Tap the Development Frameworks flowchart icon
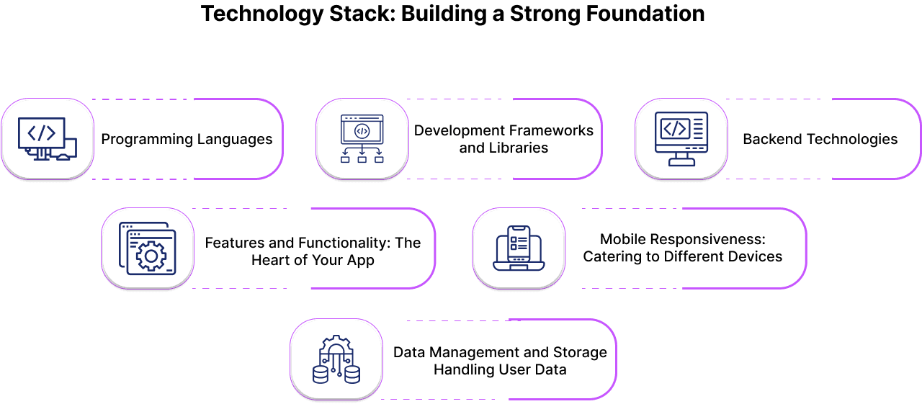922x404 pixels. [362, 139]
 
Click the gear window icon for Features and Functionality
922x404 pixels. [148, 248]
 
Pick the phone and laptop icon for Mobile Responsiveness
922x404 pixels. [519, 248]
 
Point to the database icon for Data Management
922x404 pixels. [336, 359]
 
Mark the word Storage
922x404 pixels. [580, 352]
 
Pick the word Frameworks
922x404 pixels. [551, 130]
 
